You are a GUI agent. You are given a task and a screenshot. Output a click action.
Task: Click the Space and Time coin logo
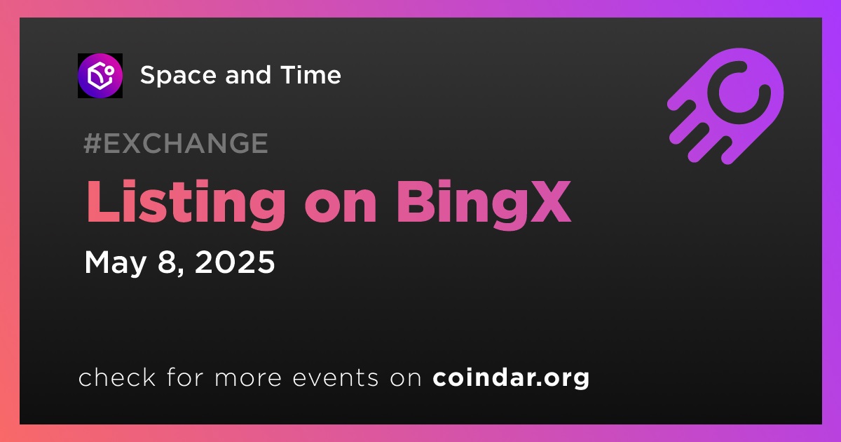[x=100, y=76]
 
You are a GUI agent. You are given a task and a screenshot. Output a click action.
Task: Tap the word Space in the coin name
[x=178, y=76]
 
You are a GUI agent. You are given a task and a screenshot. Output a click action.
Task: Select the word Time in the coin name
[x=310, y=74]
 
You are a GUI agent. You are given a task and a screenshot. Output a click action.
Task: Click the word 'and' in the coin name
[x=248, y=74]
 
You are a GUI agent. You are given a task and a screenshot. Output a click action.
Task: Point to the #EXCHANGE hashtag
[x=176, y=143]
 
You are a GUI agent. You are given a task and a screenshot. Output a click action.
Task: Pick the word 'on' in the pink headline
[x=341, y=208]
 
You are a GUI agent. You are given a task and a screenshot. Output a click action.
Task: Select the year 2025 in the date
[x=235, y=262]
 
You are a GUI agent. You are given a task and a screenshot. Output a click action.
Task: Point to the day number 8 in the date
[x=167, y=262]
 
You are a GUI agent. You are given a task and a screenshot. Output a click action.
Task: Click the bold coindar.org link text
[x=511, y=378]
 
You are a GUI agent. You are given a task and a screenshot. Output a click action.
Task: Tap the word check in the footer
[x=117, y=377]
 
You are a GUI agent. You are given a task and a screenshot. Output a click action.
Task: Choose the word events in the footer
[x=335, y=377]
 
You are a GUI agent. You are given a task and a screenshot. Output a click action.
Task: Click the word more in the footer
[x=248, y=379]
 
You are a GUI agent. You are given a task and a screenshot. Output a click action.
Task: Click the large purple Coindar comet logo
[x=725, y=106]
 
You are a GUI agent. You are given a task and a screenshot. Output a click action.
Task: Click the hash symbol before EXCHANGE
[x=93, y=143]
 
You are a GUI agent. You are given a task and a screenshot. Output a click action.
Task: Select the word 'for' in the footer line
[x=185, y=377]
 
